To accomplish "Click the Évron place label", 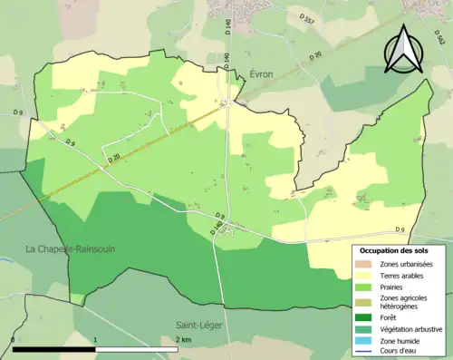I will pos(261,73).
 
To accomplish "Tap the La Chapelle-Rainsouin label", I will pos(70,248).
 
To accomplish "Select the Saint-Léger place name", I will pos(198,324).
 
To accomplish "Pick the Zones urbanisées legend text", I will pos(406,264).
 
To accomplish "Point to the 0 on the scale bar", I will pos(13,340).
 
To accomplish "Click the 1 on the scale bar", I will pos(96,340).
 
